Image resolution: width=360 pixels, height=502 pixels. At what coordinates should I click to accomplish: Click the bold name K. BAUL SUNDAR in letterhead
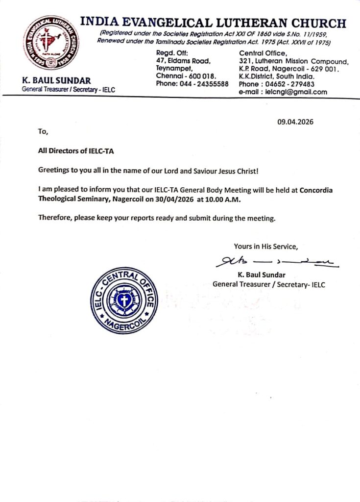[x=56, y=80]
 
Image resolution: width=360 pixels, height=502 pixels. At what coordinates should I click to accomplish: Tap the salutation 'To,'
[x=43, y=131]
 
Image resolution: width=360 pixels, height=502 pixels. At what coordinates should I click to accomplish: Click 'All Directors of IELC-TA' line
[x=76, y=151]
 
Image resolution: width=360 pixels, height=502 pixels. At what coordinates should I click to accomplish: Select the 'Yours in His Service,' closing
[x=265, y=246]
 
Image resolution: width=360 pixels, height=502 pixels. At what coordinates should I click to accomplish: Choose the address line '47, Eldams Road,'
[x=183, y=61]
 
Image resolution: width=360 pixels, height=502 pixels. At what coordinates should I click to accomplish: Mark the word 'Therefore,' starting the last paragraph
[x=55, y=218]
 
